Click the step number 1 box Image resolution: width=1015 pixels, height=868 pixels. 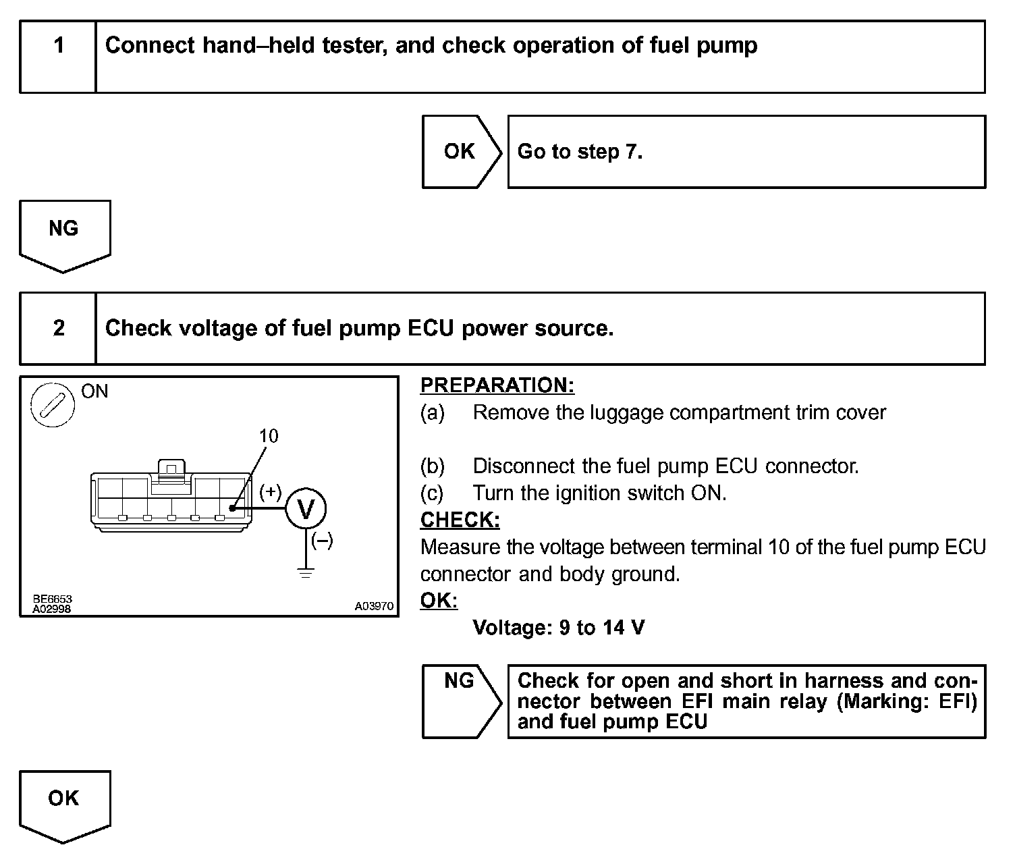[x=59, y=57]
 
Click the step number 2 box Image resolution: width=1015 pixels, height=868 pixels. [x=59, y=329]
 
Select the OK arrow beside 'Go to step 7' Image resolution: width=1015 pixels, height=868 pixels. [x=461, y=152]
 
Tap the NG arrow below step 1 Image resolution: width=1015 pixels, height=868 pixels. [x=64, y=234]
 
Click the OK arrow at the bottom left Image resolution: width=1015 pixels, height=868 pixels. [x=64, y=805]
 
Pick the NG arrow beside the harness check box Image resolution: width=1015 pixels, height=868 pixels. [x=460, y=701]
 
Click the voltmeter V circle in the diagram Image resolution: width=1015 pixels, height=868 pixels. [x=306, y=509]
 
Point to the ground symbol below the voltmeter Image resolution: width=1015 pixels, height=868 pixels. [x=306, y=574]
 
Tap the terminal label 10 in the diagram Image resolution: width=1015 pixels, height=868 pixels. [x=269, y=436]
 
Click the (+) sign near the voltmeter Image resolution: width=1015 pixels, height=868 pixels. [x=271, y=491]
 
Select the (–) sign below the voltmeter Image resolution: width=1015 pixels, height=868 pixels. [x=322, y=541]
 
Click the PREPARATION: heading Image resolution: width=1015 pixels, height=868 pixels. [x=497, y=385]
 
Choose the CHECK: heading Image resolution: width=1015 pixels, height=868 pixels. [x=460, y=520]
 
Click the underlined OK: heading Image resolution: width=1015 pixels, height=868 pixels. [x=439, y=601]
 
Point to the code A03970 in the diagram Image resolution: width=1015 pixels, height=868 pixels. [x=374, y=606]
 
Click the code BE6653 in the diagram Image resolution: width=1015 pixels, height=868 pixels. [x=52, y=599]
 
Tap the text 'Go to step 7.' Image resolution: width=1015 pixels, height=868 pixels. [x=580, y=152]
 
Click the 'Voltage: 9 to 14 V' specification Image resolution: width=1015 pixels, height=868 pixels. [x=559, y=628]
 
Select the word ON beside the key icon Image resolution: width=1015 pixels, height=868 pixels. [x=94, y=391]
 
